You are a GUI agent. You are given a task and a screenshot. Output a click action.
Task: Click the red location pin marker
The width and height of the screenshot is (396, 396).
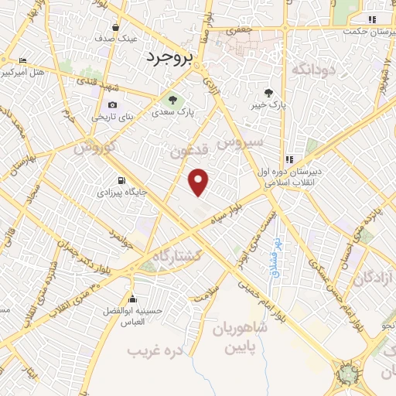(200, 182)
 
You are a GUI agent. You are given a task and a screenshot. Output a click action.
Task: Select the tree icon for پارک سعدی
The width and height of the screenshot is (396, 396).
(172, 99)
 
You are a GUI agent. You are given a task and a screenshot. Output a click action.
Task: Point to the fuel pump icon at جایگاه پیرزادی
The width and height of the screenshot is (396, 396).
(119, 183)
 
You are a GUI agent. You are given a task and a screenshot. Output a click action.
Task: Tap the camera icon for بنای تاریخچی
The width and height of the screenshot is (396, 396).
(113, 105)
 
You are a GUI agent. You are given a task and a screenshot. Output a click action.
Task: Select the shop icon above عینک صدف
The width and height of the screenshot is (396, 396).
(115, 26)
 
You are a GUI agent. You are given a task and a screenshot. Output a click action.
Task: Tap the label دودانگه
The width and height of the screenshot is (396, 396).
(312, 70)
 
